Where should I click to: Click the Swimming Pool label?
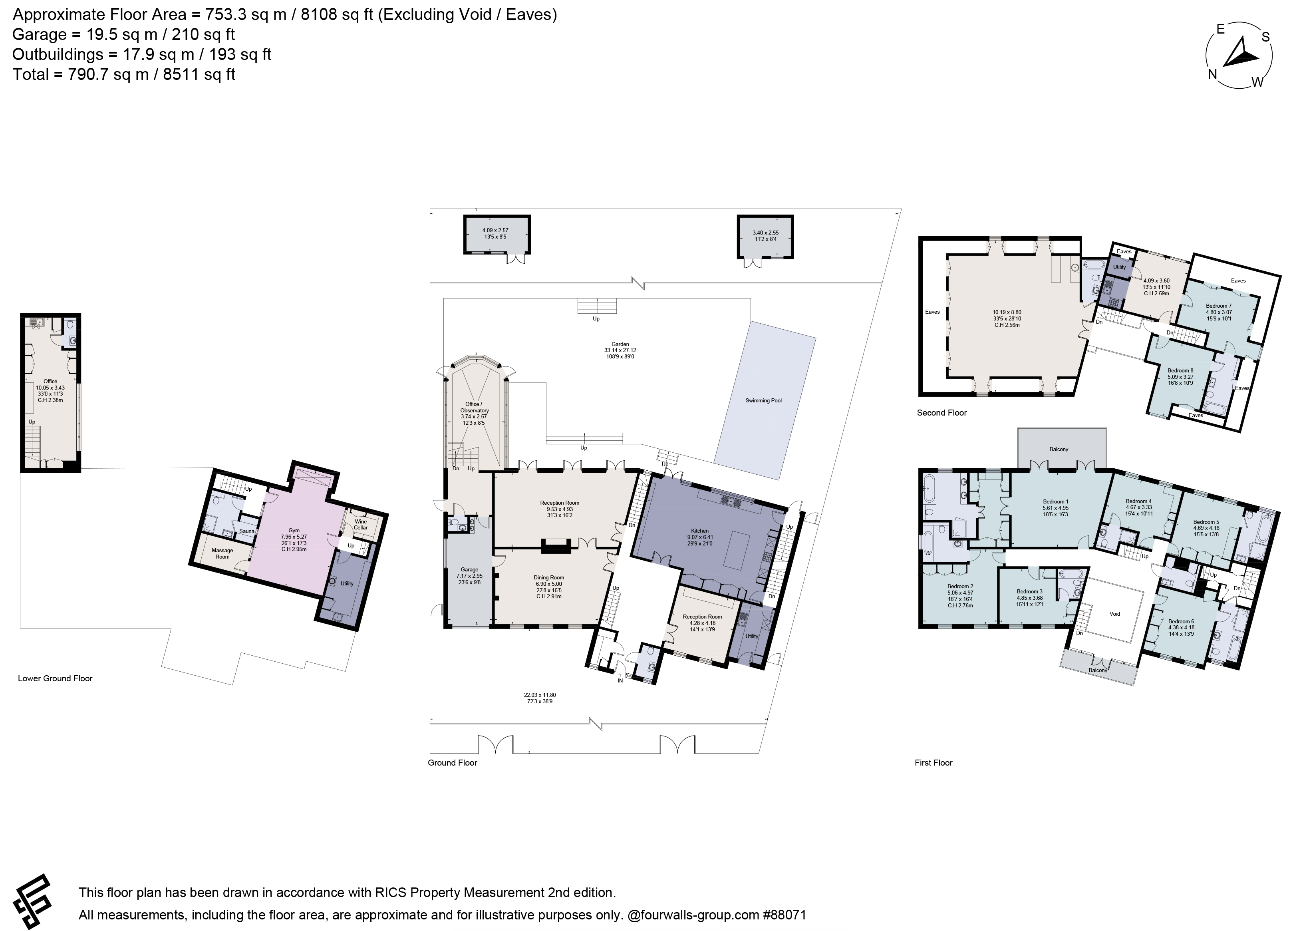coord(763,401)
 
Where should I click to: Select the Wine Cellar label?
coord(360,525)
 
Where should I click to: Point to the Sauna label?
coord(247,531)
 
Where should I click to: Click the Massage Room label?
coord(222,553)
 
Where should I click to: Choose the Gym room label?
coord(294,530)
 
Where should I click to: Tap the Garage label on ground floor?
coord(470,569)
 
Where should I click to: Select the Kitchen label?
coord(700,531)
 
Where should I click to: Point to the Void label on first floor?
coord(1114,614)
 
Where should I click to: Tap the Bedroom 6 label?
coord(1180,621)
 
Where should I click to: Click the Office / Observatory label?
coord(474,407)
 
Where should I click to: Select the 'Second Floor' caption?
coord(942,413)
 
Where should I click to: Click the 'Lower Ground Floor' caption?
coord(55,678)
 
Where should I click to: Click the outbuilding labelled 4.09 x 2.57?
coord(497,234)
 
